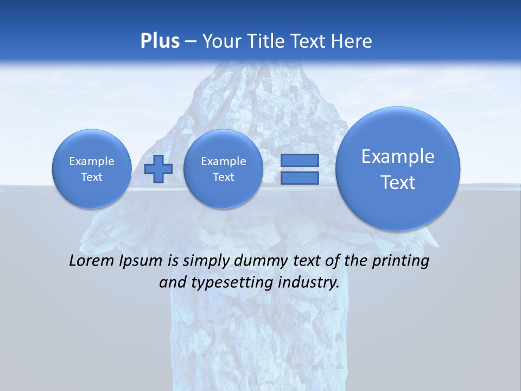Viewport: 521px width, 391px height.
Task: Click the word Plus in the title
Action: coord(160,41)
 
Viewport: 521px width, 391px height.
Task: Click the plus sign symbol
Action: coord(158,168)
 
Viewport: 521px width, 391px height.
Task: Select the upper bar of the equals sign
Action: coord(300,160)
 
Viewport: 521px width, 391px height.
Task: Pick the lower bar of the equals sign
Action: coord(300,178)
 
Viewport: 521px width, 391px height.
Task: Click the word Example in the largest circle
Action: coord(398,156)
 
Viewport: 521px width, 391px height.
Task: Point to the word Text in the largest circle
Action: coord(398,182)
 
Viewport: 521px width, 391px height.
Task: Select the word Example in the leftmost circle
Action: coord(91,161)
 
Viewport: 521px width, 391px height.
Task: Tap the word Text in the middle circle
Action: coord(223,177)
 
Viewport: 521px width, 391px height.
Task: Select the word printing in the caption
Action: coord(401,261)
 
